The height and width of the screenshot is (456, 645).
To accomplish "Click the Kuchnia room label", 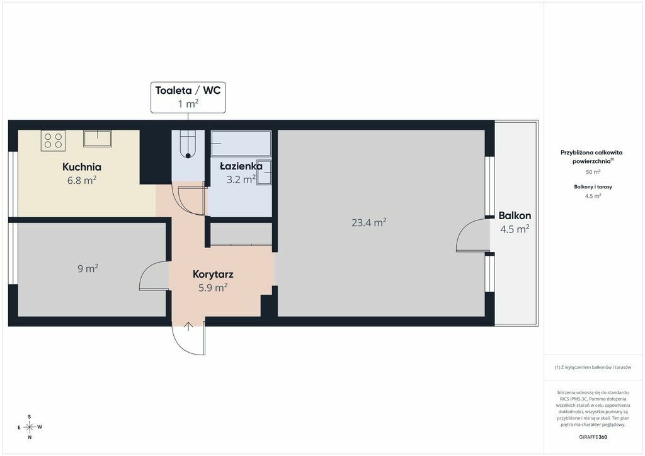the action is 82,167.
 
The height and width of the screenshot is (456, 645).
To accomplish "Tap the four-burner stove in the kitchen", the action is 53,140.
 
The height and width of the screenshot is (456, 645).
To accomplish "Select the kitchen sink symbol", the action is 98,139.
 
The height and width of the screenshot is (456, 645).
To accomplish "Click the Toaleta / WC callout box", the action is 188,97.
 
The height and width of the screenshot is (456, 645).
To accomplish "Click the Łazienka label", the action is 241,166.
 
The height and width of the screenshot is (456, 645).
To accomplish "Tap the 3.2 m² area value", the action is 241,180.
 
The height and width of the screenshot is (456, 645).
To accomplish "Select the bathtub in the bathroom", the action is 241,144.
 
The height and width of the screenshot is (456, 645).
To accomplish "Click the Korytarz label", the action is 213,274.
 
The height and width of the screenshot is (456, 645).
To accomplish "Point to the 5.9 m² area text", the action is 213,287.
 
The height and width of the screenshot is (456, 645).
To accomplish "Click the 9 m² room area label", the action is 88,268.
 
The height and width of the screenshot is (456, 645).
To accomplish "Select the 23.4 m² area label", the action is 369,222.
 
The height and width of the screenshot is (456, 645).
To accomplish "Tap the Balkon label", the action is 515,215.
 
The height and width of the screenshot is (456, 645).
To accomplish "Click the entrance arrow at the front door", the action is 188,326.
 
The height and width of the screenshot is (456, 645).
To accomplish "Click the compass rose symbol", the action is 30,427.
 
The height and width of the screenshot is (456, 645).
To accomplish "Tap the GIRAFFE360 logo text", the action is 593,437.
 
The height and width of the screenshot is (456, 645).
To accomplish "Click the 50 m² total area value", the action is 593,172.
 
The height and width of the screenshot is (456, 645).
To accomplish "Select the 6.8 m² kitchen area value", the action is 82,180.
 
